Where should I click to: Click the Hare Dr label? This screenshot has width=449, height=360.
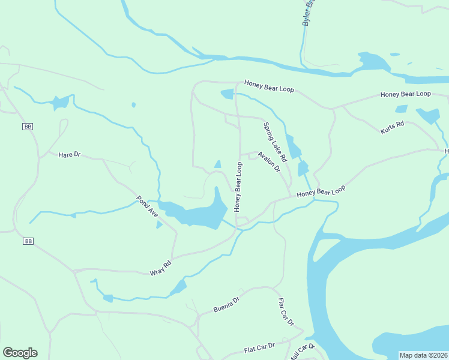pyautogui.click(x=69, y=155)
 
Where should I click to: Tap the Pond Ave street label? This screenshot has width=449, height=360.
pyautogui.click(x=146, y=207)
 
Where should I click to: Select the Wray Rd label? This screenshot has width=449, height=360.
pyautogui.click(x=160, y=268)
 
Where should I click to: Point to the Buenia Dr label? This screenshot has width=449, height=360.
pyautogui.click(x=226, y=305)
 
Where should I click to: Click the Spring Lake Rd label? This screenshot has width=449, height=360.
pyautogui.click(x=275, y=142)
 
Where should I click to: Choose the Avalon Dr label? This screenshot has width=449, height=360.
pyautogui.click(x=269, y=161)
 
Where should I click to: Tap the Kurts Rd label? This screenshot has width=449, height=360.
pyautogui.click(x=393, y=127)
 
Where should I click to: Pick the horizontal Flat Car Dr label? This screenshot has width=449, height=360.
pyautogui.click(x=259, y=347)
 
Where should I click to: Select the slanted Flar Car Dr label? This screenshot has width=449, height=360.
pyautogui.click(x=286, y=312)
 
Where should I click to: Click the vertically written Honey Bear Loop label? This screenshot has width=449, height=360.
pyautogui.click(x=238, y=186)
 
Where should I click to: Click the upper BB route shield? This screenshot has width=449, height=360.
pyautogui.click(x=27, y=127)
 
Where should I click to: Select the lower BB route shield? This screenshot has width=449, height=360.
pyautogui.click(x=27, y=241)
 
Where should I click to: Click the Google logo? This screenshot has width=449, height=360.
pyautogui.click(x=20, y=353)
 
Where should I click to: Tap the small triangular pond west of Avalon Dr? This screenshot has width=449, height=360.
pyautogui.click(x=217, y=164)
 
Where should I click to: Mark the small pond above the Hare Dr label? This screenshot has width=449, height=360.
pyautogui.click(x=60, y=103)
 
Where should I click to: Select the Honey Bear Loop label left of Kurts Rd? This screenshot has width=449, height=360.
pyautogui.click(x=270, y=87)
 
